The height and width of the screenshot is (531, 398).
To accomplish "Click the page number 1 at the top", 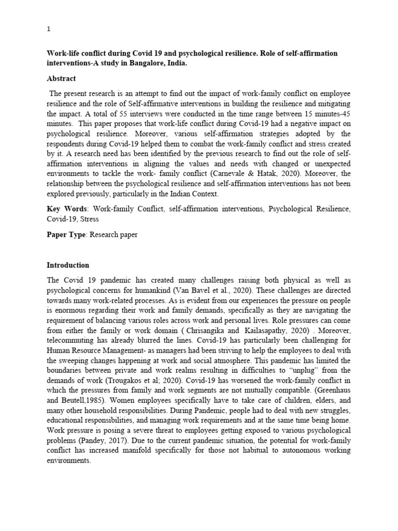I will click(x=49, y=30).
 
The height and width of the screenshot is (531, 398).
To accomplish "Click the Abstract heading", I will click(x=62, y=78).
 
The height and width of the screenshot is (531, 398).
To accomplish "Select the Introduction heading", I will click(x=68, y=265).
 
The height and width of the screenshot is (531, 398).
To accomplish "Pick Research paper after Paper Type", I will click(x=114, y=234).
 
